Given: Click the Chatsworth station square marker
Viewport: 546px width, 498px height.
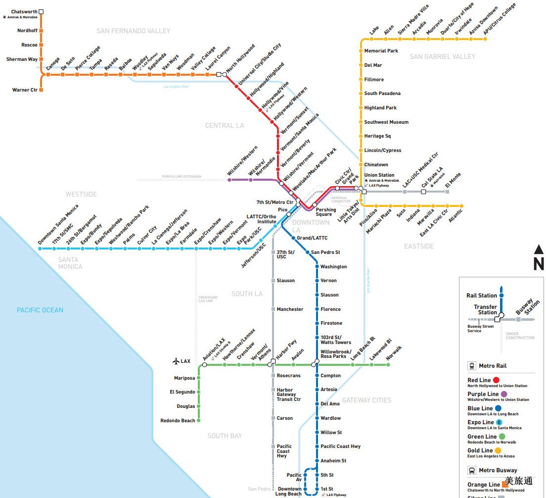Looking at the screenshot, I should click(41, 11).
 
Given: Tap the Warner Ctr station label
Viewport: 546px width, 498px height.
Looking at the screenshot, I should click(25, 90).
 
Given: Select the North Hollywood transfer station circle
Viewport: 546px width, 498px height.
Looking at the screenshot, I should click(225, 75).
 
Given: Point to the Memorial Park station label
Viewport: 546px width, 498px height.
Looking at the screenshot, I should click(381, 51).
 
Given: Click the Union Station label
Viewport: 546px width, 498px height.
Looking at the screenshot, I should click(379, 175).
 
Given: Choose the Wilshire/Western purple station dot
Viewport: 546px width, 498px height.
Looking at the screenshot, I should click(229, 180).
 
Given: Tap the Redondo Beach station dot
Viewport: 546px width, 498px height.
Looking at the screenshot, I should click(199, 421).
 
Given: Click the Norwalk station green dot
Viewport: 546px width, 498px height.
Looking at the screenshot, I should click(388, 365).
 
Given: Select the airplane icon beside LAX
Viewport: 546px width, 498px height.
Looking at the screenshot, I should click(176, 361).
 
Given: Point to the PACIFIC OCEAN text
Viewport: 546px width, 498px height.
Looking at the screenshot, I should click(40, 310).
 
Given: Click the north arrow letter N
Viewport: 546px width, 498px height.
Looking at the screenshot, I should click(539, 265).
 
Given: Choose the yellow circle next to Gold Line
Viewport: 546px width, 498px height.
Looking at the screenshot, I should click(498, 451).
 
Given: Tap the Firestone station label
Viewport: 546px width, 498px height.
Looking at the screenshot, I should click(331, 323).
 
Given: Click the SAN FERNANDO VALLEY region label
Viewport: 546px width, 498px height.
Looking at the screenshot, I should click(133, 31).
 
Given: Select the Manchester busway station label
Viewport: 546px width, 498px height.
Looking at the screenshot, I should click(290, 309).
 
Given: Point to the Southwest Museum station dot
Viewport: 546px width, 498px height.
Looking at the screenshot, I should click(361, 122).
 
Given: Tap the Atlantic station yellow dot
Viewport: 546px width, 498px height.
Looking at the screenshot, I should click(461, 205).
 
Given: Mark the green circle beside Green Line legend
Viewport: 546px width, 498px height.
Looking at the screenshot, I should click(502, 437).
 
